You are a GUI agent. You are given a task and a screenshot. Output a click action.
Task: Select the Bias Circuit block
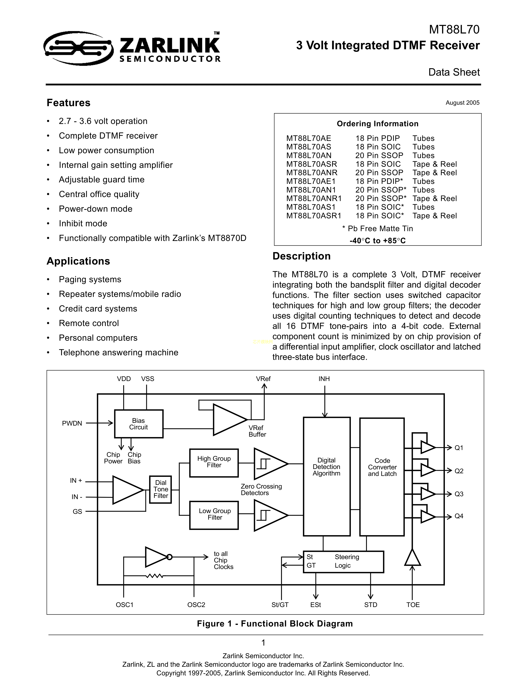[x=139, y=424]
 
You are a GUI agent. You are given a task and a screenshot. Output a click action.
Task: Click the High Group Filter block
[x=214, y=463]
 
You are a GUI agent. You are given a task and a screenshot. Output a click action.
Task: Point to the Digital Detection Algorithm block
[x=327, y=476]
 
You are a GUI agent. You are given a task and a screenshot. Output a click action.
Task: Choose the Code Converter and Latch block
[x=382, y=477]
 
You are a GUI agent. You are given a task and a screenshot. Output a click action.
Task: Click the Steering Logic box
[x=344, y=562]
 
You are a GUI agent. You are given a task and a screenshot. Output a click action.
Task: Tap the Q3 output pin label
[x=459, y=494]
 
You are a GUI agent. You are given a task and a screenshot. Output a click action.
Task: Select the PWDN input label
[x=72, y=423]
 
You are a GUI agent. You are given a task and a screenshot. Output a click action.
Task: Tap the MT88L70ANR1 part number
[x=314, y=199]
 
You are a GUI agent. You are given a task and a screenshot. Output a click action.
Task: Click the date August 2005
[x=463, y=103]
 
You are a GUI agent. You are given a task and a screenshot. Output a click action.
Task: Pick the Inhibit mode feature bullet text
[x=83, y=224]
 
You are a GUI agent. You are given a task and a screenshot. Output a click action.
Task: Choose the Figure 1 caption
[x=275, y=624]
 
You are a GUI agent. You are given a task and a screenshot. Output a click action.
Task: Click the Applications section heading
[x=78, y=261]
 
